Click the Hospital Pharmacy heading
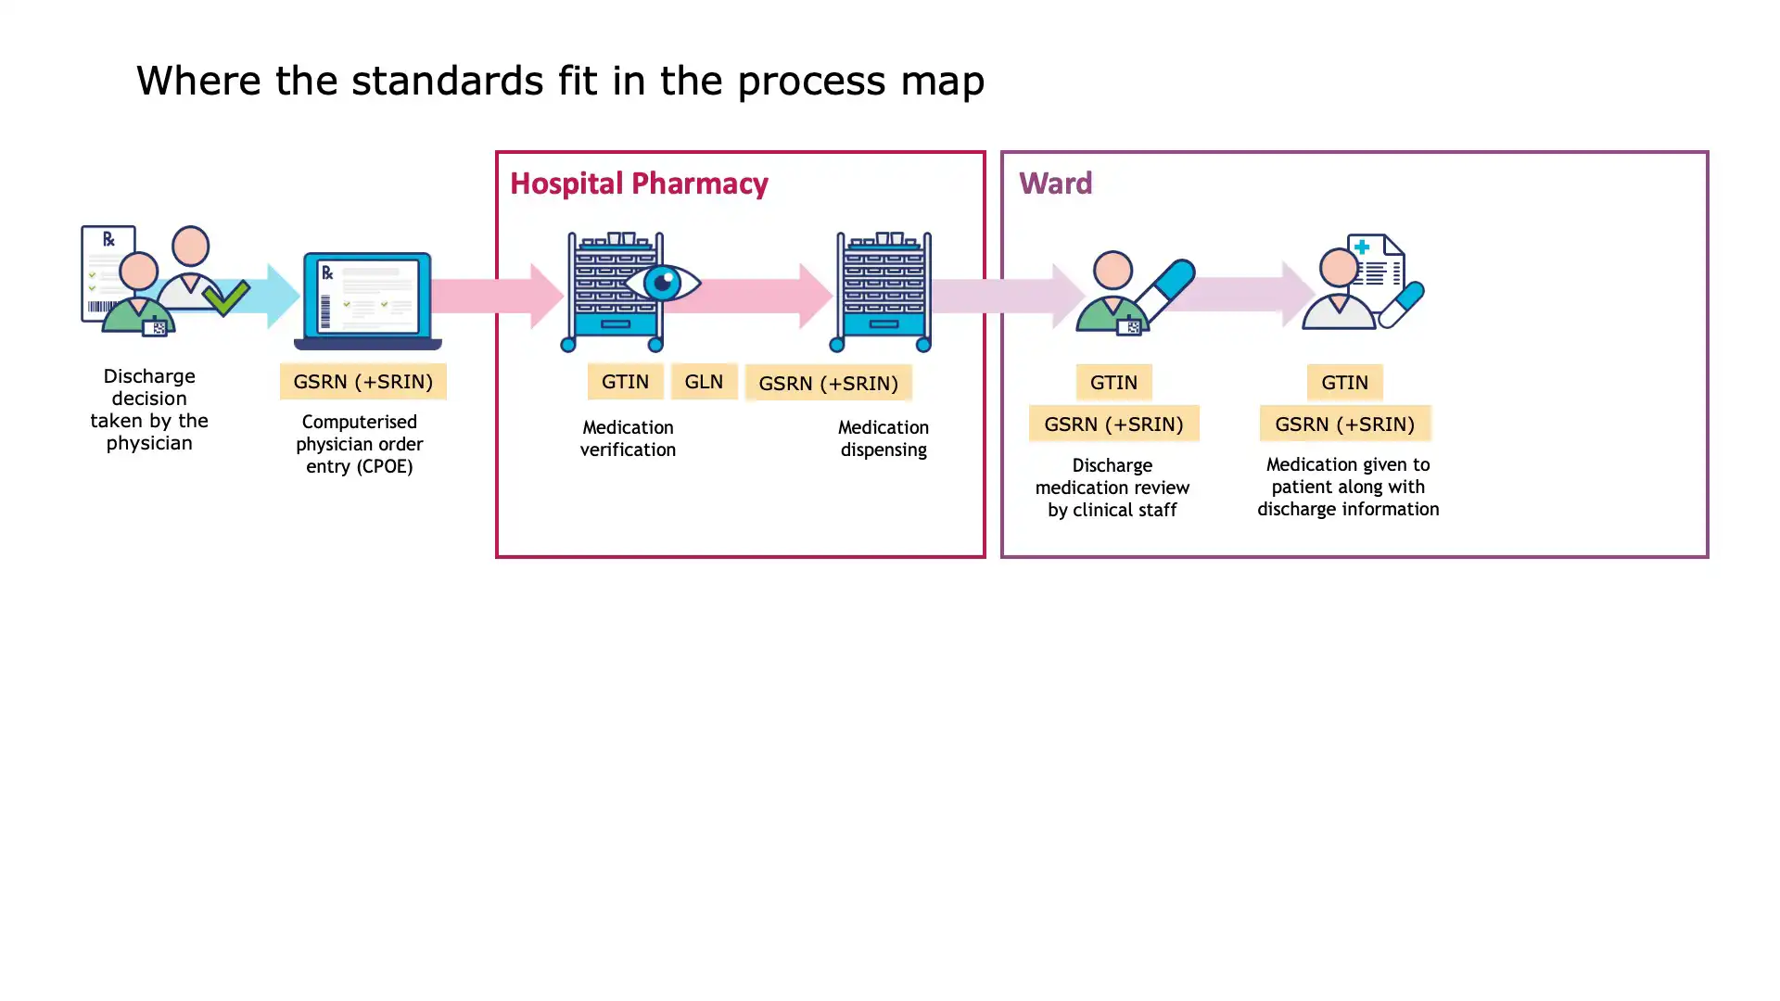click(x=639, y=184)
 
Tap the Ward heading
click(x=1055, y=183)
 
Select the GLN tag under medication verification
click(x=704, y=381)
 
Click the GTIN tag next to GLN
click(x=625, y=381)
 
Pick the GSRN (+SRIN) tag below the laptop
click(x=362, y=381)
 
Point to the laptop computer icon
click(x=367, y=299)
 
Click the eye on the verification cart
click(x=662, y=283)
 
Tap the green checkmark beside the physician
click(x=225, y=298)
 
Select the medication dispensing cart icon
click(x=883, y=292)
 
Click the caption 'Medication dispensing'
click(x=883, y=438)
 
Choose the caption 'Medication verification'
click(x=628, y=438)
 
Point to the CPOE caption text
click(x=360, y=444)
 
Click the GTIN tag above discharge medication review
click(x=1113, y=382)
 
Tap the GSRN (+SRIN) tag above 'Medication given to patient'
click(x=1344, y=424)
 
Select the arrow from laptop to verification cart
click(x=497, y=296)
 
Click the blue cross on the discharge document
click(x=1361, y=247)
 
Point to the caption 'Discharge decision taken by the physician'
click(x=149, y=409)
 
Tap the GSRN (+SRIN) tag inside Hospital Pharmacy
click(x=828, y=383)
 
